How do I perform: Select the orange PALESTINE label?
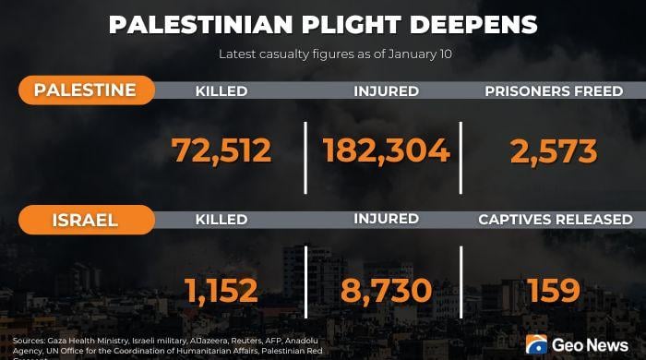(x=85, y=90)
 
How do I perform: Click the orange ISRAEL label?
(x=85, y=221)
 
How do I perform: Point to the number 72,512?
(x=221, y=150)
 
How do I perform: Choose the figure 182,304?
(x=387, y=150)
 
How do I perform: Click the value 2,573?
(x=554, y=150)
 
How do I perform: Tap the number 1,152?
(x=221, y=291)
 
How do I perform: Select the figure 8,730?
(x=387, y=291)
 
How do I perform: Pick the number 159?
(x=554, y=291)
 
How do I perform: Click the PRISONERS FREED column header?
(x=554, y=91)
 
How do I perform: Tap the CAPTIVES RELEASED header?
(x=555, y=220)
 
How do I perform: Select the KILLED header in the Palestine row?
(x=221, y=91)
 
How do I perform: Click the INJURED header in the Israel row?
(x=387, y=220)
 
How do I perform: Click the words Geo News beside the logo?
(x=592, y=345)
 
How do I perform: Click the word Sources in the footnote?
(x=28, y=341)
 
